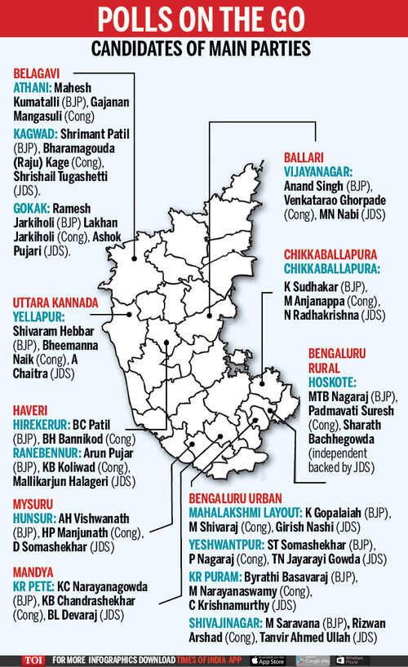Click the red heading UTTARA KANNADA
(x=55, y=303)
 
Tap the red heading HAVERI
(x=32, y=411)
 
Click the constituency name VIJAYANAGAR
(x=318, y=171)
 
